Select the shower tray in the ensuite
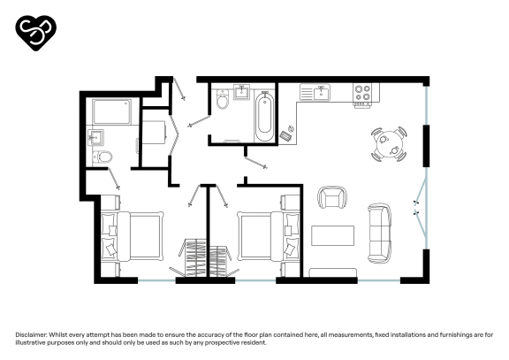(x=111, y=112)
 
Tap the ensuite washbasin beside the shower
(x=96, y=137)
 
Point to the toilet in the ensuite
(x=104, y=157)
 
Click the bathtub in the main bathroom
(x=263, y=115)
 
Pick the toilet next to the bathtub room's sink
(x=223, y=103)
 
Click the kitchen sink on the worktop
(x=316, y=91)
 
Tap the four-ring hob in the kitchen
(x=362, y=90)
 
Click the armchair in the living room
(x=332, y=198)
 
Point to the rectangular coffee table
(x=333, y=235)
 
